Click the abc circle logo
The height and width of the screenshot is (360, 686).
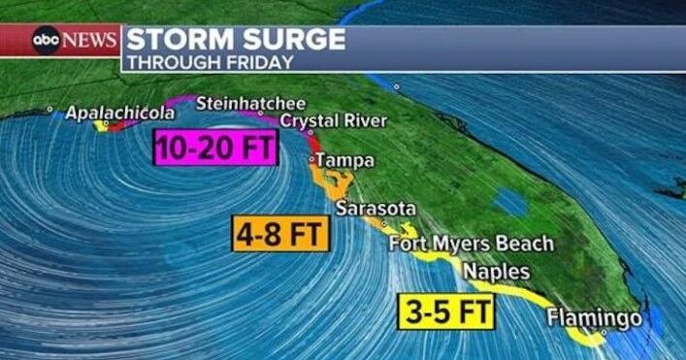pyautogui.click(x=47, y=41)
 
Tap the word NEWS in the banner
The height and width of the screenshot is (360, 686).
pyautogui.click(x=92, y=41)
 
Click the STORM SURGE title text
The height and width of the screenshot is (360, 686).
pyautogui.click(x=236, y=39)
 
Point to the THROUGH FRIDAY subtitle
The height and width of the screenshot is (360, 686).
pyautogui.click(x=210, y=62)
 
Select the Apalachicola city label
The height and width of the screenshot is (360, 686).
pyautogui.click(x=120, y=113)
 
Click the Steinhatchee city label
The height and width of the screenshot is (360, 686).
pyautogui.click(x=250, y=102)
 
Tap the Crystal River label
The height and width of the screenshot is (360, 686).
pyautogui.click(x=334, y=121)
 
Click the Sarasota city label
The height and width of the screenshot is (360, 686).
pyautogui.click(x=376, y=209)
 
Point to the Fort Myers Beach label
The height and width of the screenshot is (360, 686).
pyautogui.click(x=472, y=243)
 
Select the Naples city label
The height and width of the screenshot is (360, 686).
pyautogui.click(x=496, y=271)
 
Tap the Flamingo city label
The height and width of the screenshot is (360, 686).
pyautogui.click(x=594, y=317)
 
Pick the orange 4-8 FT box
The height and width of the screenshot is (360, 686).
pyautogui.click(x=279, y=234)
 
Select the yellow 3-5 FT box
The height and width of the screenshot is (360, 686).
pyautogui.click(x=446, y=312)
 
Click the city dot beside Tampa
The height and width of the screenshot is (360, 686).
pyautogui.click(x=312, y=158)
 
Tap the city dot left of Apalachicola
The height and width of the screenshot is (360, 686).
pyautogui.click(x=49, y=110)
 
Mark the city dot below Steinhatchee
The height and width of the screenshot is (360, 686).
pyautogui.click(x=260, y=114)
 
